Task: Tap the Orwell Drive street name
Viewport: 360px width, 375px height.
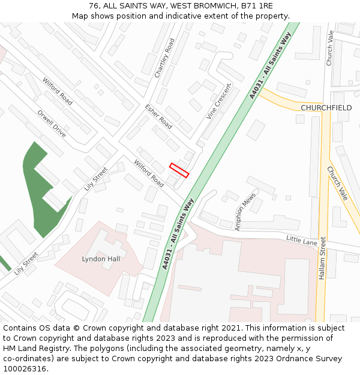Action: click(x=51, y=124)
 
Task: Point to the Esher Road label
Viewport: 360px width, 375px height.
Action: click(x=158, y=116)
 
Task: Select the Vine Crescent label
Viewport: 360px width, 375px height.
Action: click(x=218, y=101)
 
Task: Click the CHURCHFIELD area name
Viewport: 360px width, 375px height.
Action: click(x=326, y=108)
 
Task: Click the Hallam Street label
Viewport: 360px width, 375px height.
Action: click(x=322, y=258)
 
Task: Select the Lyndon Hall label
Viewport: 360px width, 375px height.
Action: click(x=101, y=259)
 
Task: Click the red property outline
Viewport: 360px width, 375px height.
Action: click(x=179, y=170)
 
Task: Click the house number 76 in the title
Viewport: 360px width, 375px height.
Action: click(x=93, y=5)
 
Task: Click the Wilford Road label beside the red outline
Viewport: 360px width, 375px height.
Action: click(x=149, y=173)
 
